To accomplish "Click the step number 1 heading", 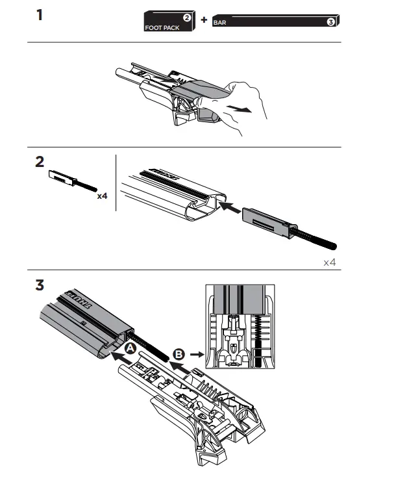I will click(x=40, y=14).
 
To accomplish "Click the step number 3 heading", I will click(x=40, y=284).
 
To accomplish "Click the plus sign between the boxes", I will click(x=203, y=20).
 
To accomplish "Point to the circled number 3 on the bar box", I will click(x=331, y=22).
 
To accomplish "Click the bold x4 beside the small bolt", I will click(x=102, y=196).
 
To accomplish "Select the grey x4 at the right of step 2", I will click(x=330, y=262).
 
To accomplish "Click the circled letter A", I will click(x=130, y=349).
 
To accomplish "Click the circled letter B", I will click(x=179, y=355).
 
